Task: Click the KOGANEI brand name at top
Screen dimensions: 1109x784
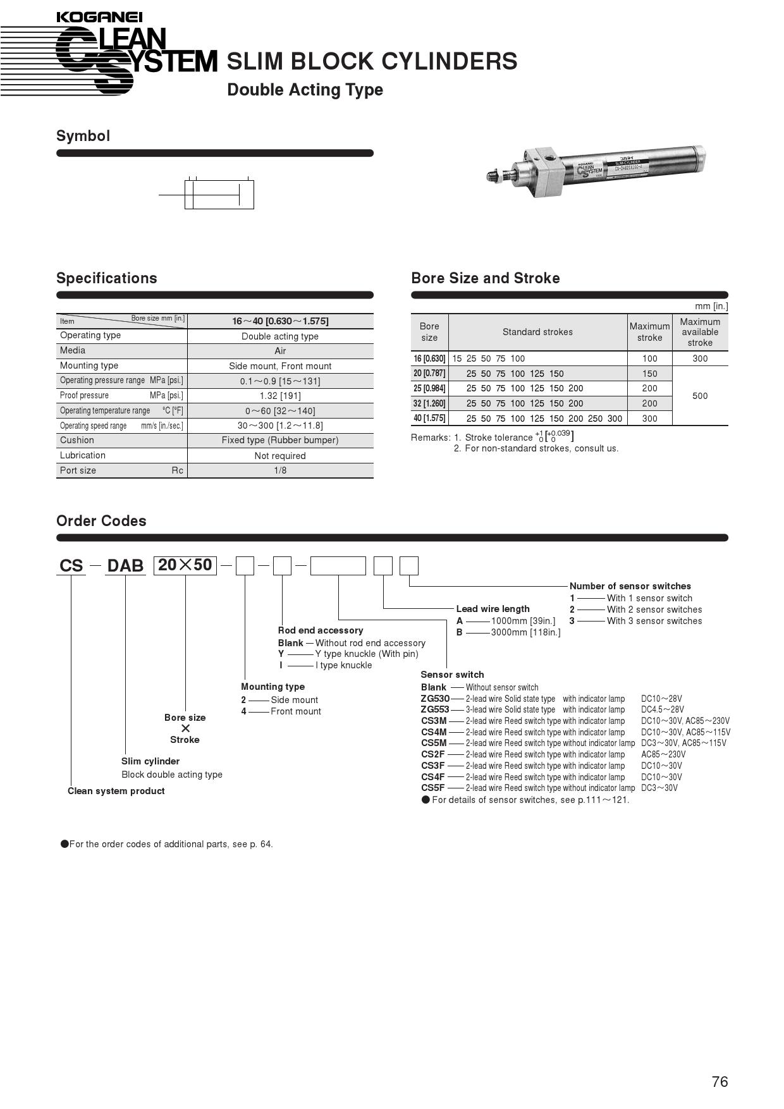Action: pos(99,17)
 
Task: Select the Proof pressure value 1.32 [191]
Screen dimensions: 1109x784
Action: pos(280,396)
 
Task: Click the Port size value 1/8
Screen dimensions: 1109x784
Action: pos(280,470)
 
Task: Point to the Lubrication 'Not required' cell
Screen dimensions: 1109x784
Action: pos(280,456)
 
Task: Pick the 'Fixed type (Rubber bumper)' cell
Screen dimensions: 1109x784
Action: pos(280,440)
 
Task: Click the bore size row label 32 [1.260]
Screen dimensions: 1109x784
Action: pos(429,403)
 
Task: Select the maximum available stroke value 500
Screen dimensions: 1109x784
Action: pos(700,396)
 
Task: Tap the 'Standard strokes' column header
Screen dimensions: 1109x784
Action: pos(537,332)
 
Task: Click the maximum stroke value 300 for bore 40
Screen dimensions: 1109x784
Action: pos(649,419)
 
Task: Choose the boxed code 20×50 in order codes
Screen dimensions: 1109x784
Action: pos(185,565)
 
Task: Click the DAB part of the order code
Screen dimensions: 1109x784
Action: pos(125,565)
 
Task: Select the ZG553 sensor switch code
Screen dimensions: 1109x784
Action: pos(435,709)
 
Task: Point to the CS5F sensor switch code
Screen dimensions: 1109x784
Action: pos(433,788)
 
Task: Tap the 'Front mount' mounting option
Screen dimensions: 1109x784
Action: pos(295,711)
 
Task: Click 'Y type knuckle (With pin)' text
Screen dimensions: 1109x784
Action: pos(367,654)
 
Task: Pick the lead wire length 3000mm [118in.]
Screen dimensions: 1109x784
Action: pos(525,632)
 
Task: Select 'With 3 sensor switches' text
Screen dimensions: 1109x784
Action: pos(654,621)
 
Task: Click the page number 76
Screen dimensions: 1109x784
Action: pos(720,1082)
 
